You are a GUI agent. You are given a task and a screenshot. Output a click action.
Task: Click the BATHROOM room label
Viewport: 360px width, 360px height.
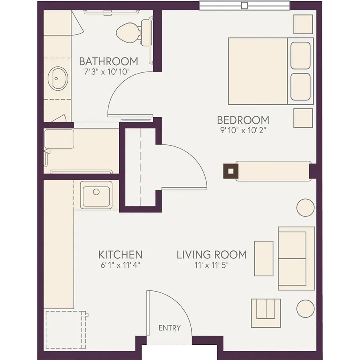tap(108, 61)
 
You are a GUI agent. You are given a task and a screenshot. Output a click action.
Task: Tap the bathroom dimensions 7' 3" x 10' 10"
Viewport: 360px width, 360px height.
tap(107, 72)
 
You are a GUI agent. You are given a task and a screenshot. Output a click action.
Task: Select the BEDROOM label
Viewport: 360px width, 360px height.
tap(243, 120)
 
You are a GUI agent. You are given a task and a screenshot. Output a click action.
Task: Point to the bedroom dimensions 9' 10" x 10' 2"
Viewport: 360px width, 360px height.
tap(243, 130)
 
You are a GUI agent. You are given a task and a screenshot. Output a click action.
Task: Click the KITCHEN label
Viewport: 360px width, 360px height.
tap(120, 255)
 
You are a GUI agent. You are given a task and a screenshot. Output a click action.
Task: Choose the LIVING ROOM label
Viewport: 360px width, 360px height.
tap(212, 255)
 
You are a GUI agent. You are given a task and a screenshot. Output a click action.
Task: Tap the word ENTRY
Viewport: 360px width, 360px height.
tap(170, 328)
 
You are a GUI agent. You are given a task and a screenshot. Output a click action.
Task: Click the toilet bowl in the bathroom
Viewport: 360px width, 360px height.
tap(128, 33)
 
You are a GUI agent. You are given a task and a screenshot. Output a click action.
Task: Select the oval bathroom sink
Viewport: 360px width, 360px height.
tap(58, 78)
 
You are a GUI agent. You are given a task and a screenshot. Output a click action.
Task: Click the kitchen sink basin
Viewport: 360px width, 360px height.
tap(96, 196)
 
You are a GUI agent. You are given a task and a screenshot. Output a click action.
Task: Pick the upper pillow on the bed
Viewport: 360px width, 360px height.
tap(300, 55)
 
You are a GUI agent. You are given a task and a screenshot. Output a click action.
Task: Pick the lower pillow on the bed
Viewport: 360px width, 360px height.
tap(300, 87)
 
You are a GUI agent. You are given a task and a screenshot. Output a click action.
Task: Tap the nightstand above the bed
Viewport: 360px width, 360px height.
tap(303, 24)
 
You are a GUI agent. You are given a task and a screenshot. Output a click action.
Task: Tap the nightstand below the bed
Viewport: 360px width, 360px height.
tap(303, 118)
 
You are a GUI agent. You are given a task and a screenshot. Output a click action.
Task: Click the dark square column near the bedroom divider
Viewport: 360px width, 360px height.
tap(231, 171)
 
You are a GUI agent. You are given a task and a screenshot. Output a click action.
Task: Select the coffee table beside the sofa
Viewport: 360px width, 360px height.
tap(264, 258)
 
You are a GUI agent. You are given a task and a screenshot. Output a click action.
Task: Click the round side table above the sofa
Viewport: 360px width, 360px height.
tap(305, 208)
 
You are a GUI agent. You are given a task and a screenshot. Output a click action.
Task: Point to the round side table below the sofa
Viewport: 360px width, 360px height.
tap(305, 308)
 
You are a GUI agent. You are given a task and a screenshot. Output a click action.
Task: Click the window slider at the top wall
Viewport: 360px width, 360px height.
tap(244, 5)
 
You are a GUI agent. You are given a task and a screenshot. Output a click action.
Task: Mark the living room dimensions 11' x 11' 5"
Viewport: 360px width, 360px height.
tap(212, 265)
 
